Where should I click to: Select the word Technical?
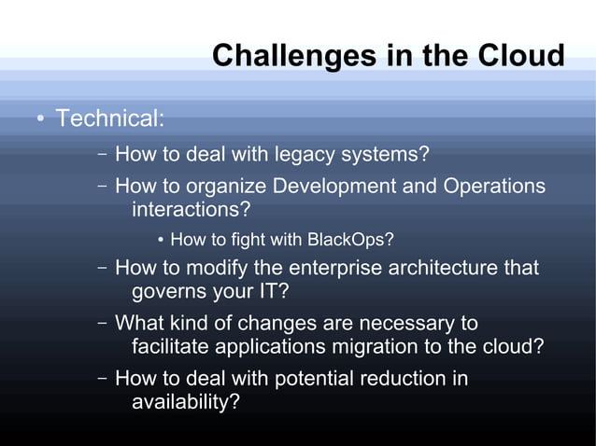tap(109, 119)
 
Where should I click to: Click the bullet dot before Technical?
tap(41, 120)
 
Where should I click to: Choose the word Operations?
tap(494, 186)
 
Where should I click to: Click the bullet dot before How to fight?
tap(161, 241)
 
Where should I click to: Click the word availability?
tap(185, 403)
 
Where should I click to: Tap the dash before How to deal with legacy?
tap(102, 153)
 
